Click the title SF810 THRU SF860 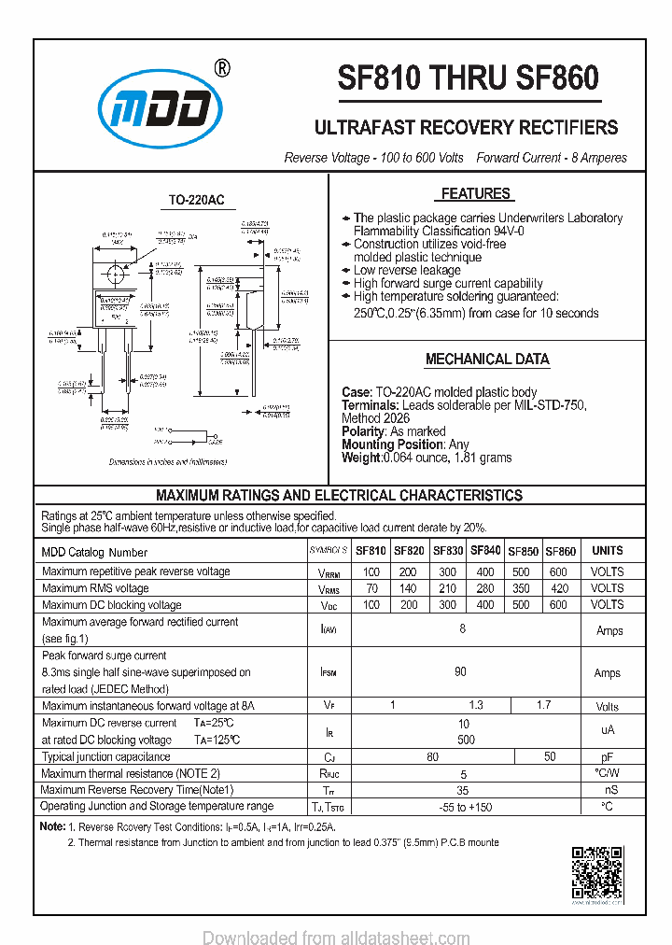point(468,78)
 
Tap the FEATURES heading point(475,194)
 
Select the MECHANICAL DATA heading point(487,360)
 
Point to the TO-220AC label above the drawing point(196,201)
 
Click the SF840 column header point(485,550)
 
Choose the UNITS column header point(608,550)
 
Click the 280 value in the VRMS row point(485,588)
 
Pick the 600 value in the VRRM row point(558,571)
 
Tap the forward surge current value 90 point(461,672)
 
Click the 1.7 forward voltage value point(545,706)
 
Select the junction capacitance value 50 point(550,756)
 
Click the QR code point(596,873)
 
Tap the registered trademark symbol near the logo point(222,67)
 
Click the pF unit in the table point(608,756)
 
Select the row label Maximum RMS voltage point(95,588)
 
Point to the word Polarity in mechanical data point(363,432)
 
